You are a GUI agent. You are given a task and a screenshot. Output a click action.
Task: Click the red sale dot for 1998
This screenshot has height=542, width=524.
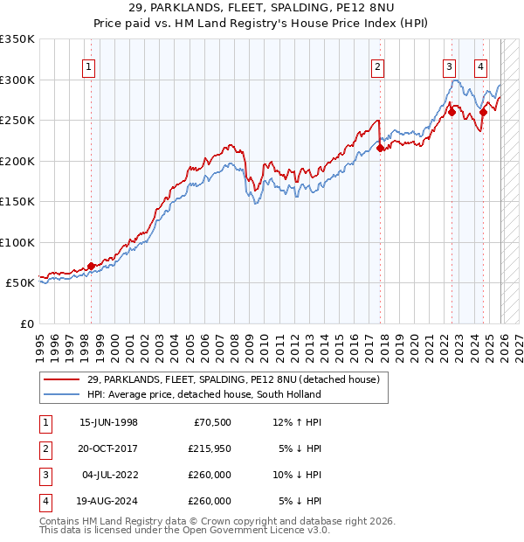click(x=91, y=267)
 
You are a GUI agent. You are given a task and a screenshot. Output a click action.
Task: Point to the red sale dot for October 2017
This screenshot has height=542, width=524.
click(x=380, y=149)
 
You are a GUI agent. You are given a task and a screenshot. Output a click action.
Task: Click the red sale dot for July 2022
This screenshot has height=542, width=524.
click(x=452, y=112)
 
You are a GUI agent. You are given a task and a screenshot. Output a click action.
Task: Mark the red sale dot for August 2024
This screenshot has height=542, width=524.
click(x=483, y=112)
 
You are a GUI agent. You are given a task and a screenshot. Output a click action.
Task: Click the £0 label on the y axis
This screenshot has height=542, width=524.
click(x=26, y=323)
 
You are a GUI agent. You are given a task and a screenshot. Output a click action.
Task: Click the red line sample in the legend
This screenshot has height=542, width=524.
click(x=61, y=380)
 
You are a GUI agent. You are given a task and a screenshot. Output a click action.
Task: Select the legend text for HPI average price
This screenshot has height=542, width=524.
click(x=203, y=394)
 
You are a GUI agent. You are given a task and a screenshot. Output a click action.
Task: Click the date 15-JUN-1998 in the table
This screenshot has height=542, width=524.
click(x=108, y=422)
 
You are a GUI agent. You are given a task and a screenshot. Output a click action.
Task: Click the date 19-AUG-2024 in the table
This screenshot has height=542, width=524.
click(x=108, y=501)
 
